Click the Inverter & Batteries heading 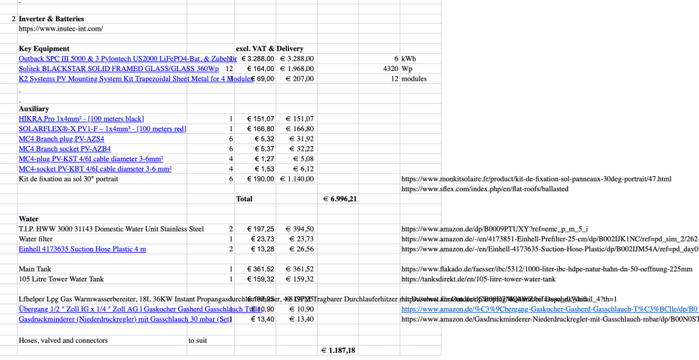click(x=51, y=18)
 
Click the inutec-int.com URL click(x=61, y=29)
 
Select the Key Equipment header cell click(x=44, y=49)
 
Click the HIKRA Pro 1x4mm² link click(x=81, y=119)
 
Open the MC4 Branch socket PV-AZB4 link click(x=65, y=148)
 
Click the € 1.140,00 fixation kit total click(x=297, y=179)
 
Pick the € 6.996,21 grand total click(x=340, y=199)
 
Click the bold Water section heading click(x=29, y=219)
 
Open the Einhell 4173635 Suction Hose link click(x=82, y=249)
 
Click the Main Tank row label click(x=35, y=269)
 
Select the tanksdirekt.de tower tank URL click(x=478, y=279)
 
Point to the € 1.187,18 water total click(x=339, y=350)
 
